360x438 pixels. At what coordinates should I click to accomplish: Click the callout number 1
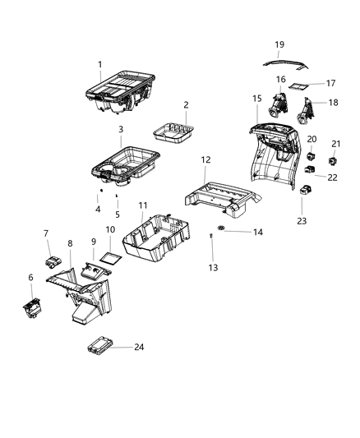[x=99, y=64]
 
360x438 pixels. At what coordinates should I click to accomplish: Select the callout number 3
[x=121, y=130]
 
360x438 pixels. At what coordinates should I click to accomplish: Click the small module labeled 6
[x=33, y=308]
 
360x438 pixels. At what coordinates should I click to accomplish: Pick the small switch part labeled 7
[x=55, y=262]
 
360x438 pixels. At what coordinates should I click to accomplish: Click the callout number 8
[x=71, y=243]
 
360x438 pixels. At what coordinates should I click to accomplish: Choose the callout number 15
[x=257, y=99]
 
